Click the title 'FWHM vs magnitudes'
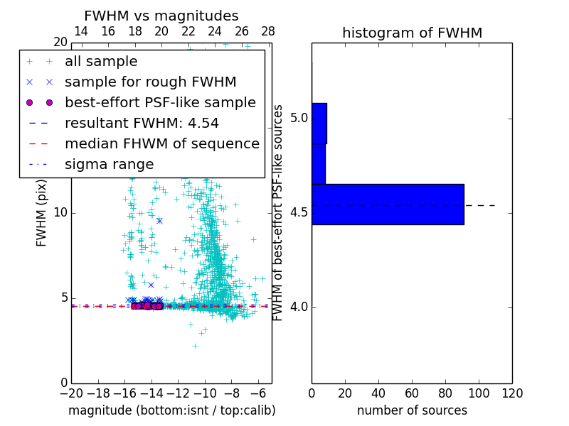[161, 16]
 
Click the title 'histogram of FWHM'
[412, 33]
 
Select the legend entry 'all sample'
[101, 62]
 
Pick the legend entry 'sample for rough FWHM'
[150, 82]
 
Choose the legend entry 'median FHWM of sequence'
[161, 143]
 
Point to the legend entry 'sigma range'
[109, 164]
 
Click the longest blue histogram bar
[388, 204]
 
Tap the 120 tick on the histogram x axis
[512, 393]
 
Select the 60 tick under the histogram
[412, 393]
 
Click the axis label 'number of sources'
[412, 410]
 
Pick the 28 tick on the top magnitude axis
[268, 31]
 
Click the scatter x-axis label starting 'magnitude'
[171, 410]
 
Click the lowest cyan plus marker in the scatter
[195, 346]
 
